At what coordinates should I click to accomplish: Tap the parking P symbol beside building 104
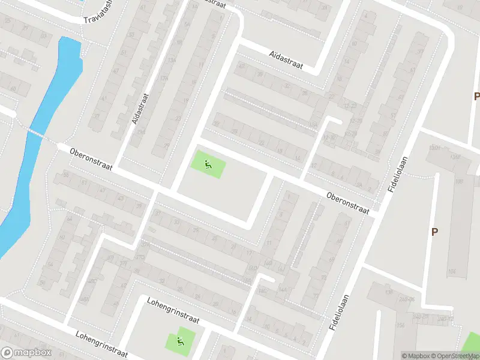click(x=434, y=232)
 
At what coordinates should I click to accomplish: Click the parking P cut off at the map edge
click(x=476, y=96)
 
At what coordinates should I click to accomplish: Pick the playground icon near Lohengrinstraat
click(x=179, y=342)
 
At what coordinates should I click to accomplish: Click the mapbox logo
click(x=26, y=353)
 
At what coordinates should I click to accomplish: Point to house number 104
click(x=451, y=272)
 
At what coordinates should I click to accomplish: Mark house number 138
click(x=388, y=292)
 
